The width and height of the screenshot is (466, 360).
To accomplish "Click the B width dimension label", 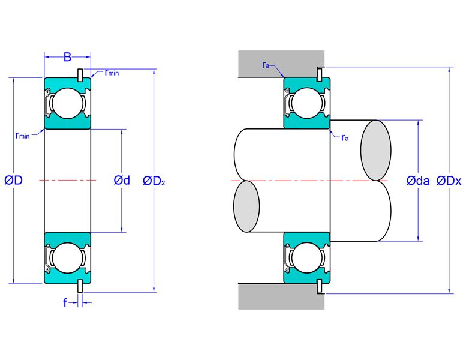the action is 67,57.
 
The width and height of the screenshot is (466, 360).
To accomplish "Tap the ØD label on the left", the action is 14,180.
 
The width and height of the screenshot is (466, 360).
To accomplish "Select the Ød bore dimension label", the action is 122,180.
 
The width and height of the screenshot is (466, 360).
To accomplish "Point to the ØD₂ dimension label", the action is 154,181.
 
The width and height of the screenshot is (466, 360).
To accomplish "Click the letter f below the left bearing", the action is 65,302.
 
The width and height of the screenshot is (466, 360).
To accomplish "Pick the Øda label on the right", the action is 418,181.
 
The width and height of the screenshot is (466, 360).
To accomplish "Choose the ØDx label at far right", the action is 449,181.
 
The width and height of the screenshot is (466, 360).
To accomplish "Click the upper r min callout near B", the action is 112,72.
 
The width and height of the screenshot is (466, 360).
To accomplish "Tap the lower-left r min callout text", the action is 23,136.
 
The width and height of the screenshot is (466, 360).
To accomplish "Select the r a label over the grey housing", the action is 266,65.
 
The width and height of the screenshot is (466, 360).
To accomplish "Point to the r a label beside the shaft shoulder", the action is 345,137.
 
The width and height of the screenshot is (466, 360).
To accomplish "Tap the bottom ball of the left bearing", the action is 67,258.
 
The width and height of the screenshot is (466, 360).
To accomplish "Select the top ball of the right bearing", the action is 306,103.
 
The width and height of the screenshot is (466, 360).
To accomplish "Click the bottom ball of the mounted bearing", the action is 306,257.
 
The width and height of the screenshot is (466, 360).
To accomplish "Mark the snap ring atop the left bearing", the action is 80,75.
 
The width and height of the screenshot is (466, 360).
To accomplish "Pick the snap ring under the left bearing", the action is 80,286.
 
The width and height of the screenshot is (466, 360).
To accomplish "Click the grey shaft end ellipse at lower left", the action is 246,206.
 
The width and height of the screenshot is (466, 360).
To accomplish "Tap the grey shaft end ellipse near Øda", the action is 376,150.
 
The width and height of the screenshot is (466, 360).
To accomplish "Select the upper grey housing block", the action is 281,64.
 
